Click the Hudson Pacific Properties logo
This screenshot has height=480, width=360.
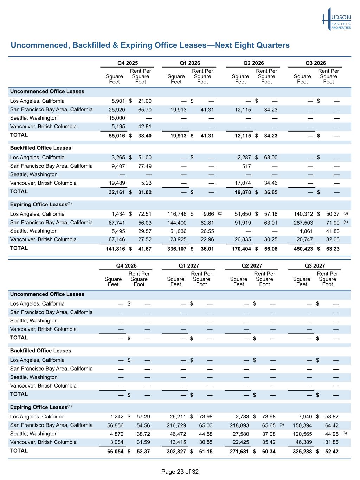[x=336, y=19]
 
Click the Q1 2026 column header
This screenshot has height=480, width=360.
[x=189, y=63]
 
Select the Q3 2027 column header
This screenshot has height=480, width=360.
[x=315, y=265]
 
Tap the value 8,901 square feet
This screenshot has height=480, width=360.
[x=118, y=101]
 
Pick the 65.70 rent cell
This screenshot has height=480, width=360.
[x=144, y=110]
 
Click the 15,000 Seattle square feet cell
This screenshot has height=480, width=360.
[x=117, y=118]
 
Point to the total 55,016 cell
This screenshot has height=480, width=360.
[x=115, y=136]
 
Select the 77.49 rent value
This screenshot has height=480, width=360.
[x=144, y=166]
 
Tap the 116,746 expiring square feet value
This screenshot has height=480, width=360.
[x=177, y=214]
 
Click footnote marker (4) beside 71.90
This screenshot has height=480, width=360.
[x=346, y=222]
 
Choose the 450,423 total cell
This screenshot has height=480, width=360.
[x=303, y=249]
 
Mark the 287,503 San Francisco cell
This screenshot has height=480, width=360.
[x=303, y=223]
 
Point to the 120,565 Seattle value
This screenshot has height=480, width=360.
[x=302, y=434]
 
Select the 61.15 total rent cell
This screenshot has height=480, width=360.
[x=206, y=451]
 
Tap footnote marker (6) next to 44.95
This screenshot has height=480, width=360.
[x=345, y=433]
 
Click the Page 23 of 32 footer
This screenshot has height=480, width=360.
[x=180, y=472]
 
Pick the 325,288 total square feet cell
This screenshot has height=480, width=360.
[x=302, y=451]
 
